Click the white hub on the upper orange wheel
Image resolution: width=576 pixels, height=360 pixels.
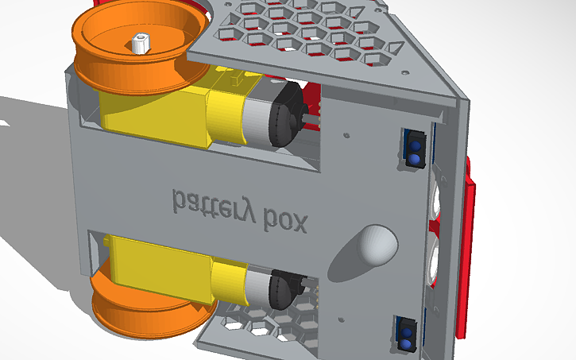pyautogui.click(x=141, y=42)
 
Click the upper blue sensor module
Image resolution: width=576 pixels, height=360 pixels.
pyautogui.click(x=414, y=149)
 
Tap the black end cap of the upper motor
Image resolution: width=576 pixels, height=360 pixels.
pyautogui.click(x=286, y=116)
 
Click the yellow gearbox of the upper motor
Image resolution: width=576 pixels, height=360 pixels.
pyautogui.click(x=159, y=111)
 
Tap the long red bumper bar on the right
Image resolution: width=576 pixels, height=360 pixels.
pyautogui.click(x=468, y=254)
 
